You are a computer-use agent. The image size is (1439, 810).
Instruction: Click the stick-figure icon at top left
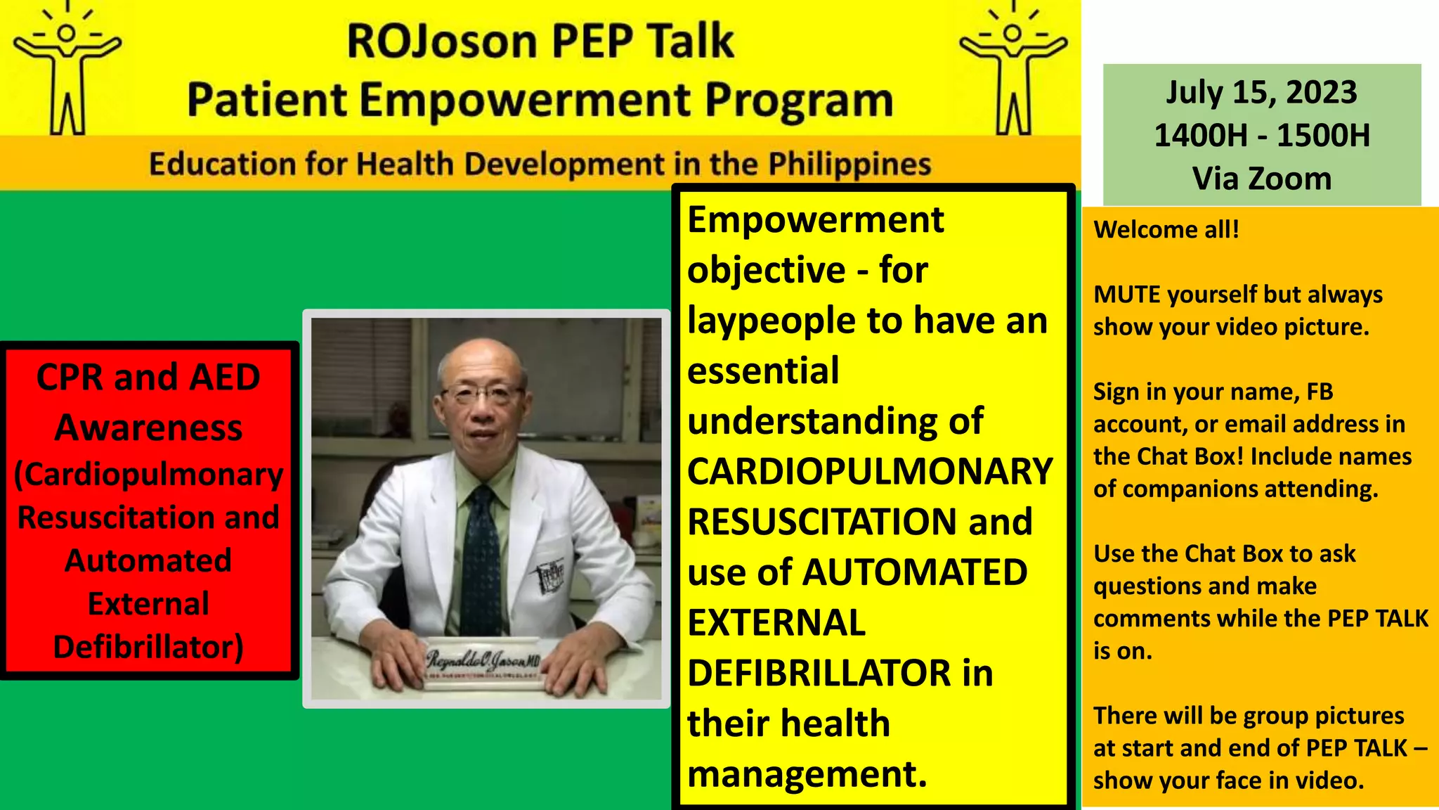(67, 70)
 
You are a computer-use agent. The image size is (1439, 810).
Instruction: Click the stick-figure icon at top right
(1013, 70)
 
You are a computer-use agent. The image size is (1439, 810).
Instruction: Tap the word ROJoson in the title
(443, 41)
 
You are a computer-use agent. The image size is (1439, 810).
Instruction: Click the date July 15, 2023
(1261, 92)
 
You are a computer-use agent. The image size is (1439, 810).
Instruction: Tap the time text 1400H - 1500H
(1261, 135)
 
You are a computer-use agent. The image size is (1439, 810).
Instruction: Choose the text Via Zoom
(1261, 179)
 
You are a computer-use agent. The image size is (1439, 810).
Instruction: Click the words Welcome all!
(1166, 230)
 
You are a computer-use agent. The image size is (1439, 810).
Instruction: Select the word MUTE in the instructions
(1127, 295)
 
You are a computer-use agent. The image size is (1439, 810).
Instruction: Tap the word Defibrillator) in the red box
(148, 647)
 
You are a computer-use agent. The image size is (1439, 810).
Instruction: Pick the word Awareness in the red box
(148, 427)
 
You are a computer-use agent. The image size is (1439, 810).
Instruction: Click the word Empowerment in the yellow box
(815, 220)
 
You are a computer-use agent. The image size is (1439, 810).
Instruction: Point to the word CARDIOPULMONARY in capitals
(870, 472)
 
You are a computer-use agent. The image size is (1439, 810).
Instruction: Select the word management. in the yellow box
(807, 774)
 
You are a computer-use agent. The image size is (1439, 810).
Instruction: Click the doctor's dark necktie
(483, 555)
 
